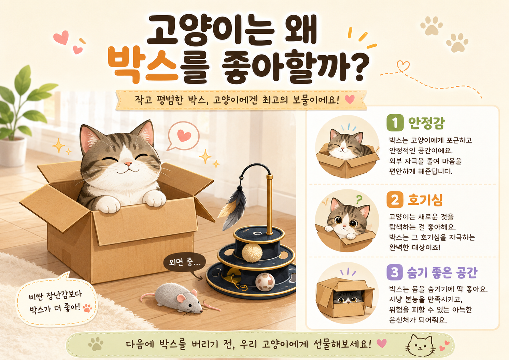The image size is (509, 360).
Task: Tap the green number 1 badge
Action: [395, 123]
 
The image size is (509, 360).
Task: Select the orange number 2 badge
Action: [395, 200]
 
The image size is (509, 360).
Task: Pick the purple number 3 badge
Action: [395, 272]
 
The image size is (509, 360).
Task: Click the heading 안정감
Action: [426, 123]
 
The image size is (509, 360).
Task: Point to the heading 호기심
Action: [425, 200]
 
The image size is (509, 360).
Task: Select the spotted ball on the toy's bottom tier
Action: [265, 282]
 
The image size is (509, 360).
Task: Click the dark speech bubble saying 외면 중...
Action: [184, 263]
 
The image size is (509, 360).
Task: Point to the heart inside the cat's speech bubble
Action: [184, 135]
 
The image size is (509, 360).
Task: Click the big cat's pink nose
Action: [128, 163]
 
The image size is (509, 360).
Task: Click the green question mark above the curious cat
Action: [359, 199]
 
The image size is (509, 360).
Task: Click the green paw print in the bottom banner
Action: [96, 344]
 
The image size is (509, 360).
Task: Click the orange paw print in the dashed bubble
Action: [87, 308]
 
